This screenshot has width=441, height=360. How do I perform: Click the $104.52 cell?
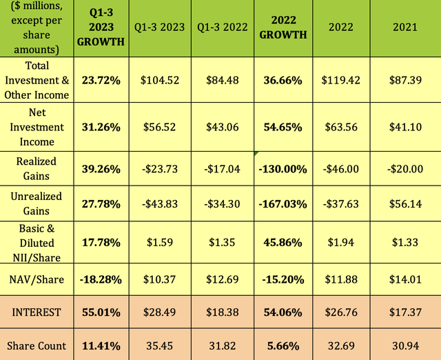click(160, 80)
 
